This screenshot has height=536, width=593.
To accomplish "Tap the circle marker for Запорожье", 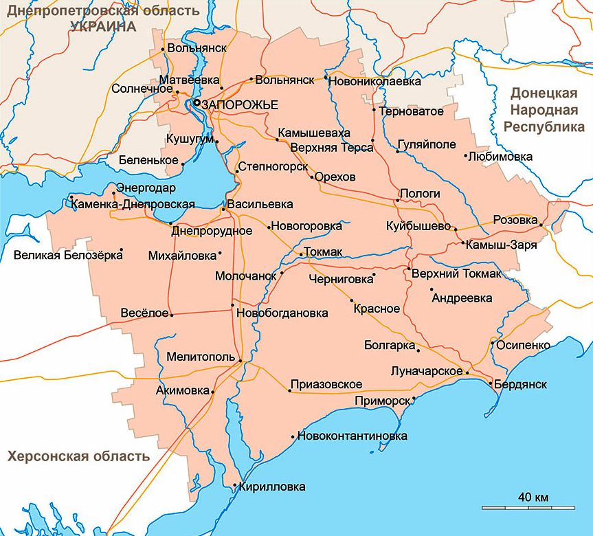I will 197,102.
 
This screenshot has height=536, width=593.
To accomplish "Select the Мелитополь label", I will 201,357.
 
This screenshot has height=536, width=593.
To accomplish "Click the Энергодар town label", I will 146,188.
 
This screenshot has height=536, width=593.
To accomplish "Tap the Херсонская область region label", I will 78,456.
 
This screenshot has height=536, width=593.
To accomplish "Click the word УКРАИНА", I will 103,25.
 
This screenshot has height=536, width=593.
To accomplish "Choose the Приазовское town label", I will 326,385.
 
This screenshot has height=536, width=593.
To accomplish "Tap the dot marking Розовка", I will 541,225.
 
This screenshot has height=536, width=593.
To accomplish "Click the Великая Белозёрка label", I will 68,256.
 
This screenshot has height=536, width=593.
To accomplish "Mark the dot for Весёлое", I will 172,315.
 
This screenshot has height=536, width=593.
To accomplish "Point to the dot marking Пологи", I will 397,200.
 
